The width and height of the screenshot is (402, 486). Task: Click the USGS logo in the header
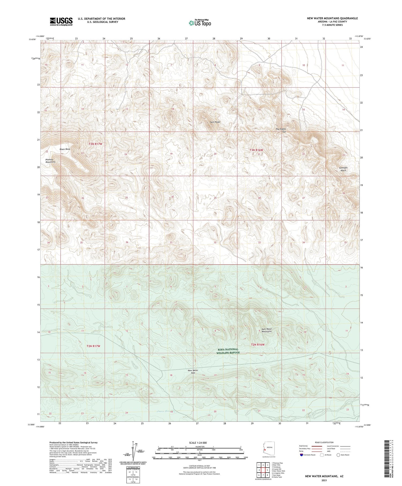coord(61,21)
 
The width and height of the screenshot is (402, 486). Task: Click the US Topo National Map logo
coord(200,23)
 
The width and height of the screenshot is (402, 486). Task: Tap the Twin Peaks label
coord(215,122)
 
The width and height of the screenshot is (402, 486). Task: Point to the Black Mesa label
coord(65,149)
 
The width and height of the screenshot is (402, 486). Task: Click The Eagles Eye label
coord(281,130)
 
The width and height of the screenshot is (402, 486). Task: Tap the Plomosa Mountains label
coord(50,161)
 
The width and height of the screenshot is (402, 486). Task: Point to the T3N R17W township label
coord(95,144)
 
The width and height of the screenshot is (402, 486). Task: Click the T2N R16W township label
coord(258,344)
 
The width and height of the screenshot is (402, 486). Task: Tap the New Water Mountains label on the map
coord(267,330)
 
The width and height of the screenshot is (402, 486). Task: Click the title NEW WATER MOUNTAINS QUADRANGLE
coord(332,18)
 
